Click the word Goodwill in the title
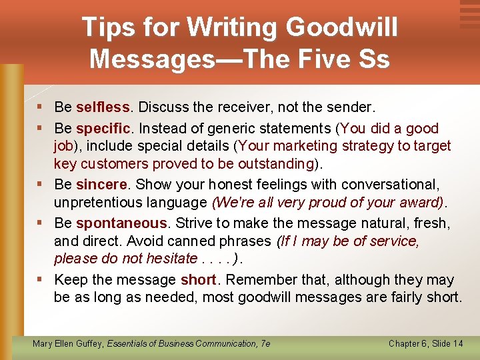[x=342, y=27]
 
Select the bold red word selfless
[x=103, y=107]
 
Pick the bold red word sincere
[x=101, y=185]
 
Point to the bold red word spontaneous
[x=122, y=223]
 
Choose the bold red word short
[x=198, y=280]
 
